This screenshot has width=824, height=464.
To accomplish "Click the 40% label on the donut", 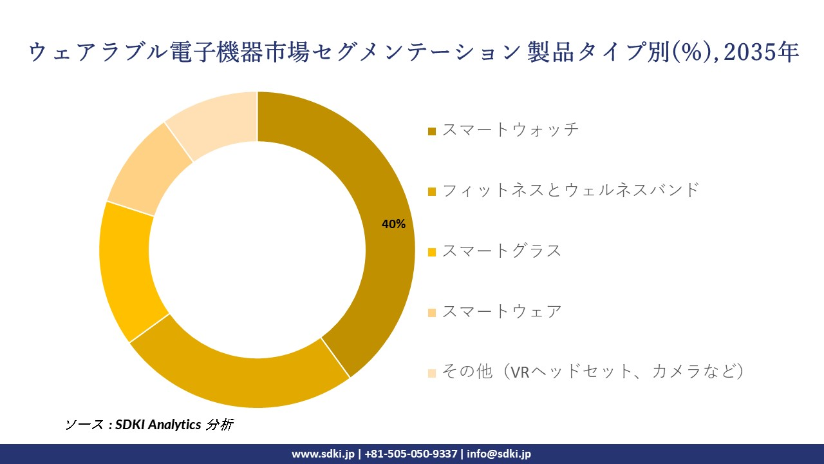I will coord(393,224).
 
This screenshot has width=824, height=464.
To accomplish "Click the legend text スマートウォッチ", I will coord(510,130).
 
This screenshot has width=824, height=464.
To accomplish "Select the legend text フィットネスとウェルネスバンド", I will coord(570,190).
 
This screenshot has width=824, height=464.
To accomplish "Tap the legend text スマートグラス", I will coord(501,251).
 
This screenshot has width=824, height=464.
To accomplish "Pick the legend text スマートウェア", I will coord(501,311).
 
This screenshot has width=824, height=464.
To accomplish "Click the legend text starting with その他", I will coord(593,372).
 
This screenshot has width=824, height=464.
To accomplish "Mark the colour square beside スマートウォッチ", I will coord(432,131).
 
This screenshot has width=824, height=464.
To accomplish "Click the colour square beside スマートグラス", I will coord(432,252).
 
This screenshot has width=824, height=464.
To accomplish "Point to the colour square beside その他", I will coord(432,373).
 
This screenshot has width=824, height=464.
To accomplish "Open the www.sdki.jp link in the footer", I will coord(323,454).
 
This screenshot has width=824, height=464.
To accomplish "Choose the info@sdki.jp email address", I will coord(499,454).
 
